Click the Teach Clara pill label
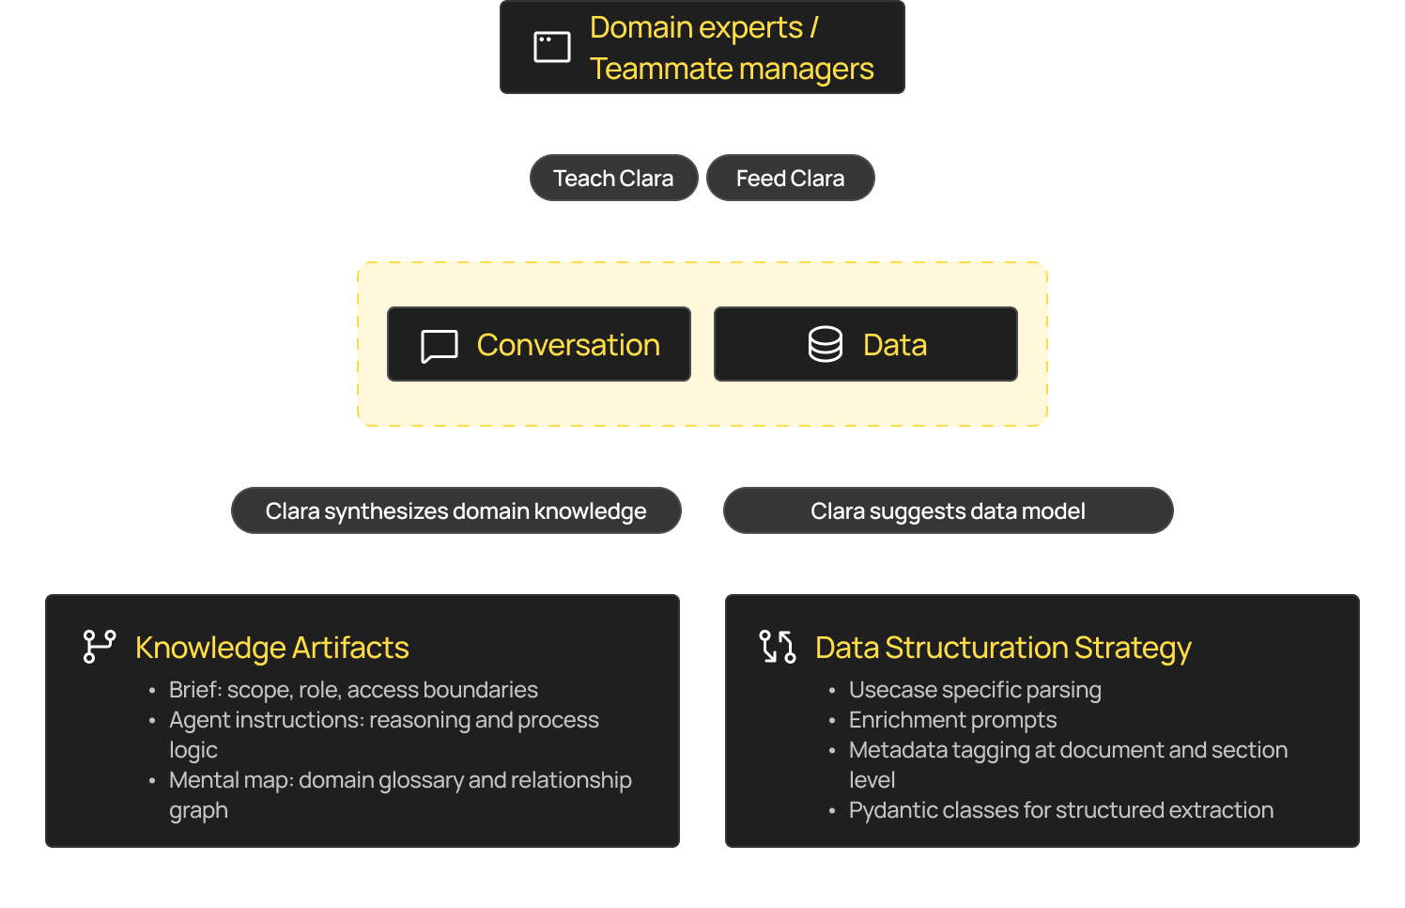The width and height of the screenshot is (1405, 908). tap(613, 179)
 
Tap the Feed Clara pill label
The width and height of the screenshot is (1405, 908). tap(790, 179)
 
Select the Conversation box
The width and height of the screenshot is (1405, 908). tap(539, 345)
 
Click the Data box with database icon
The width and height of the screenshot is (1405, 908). tap(865, 345)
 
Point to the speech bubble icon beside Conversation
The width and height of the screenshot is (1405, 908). tap(440, 346)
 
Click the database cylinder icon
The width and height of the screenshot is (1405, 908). tap(826, 345)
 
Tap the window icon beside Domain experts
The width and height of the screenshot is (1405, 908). tap(552, 47)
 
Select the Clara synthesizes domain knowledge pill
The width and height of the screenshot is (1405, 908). tap(455, 511)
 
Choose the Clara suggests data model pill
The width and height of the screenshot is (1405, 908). tap(948, 511)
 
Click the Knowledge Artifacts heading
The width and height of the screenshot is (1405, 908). tap(271, 648)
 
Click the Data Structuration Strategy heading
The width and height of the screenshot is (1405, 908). tap(1002, 648)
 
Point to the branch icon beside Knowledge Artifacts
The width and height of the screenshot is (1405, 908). tap(99, 647)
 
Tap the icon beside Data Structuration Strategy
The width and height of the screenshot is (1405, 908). tap(778, 647)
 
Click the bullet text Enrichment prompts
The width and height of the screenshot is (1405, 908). tap(952, 720)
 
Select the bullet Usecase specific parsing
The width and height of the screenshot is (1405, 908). tap(975, 690)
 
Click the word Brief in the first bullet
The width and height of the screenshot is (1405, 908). tap(194, 690)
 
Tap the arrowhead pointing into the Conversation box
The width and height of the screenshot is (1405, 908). tap(541, 300)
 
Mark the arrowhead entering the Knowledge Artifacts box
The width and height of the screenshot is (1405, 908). tap(364, 588)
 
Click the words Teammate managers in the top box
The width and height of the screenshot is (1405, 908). tap(732, 69)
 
